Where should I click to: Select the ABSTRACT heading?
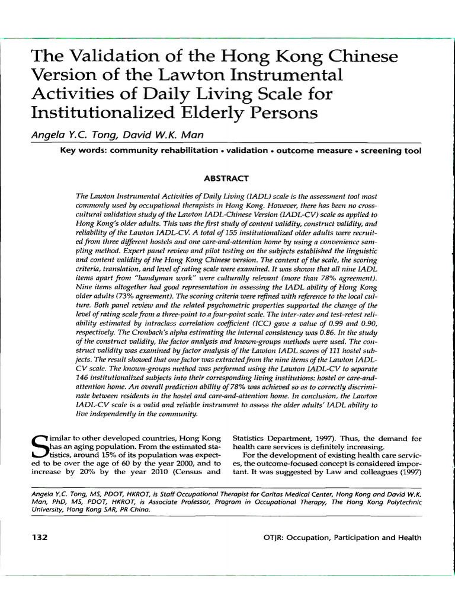coord(226,178)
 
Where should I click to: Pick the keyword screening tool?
coord(393,151)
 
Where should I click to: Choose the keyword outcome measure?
coord(313,151)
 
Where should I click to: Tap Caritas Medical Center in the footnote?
coord(280,493)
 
